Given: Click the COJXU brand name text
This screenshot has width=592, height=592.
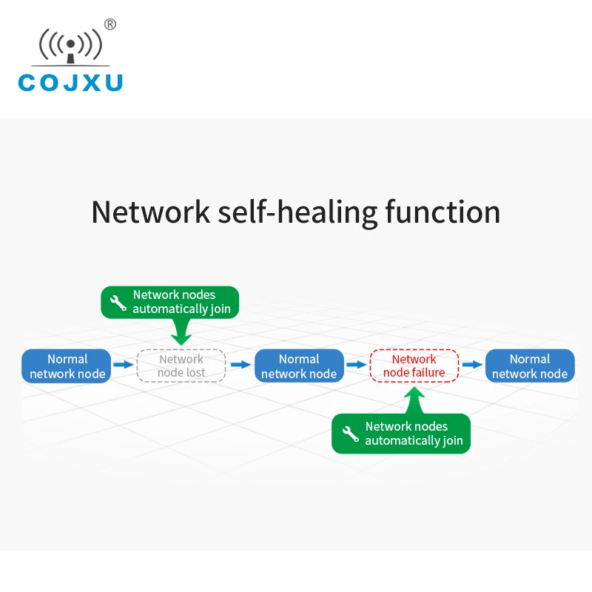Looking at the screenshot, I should click(70, 82).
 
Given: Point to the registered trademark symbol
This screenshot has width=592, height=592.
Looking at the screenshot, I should click(110, 24).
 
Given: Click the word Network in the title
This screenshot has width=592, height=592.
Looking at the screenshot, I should click(151, 212).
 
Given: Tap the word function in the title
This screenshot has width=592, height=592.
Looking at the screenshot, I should click(443, 212).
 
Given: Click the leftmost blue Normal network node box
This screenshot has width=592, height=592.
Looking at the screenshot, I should click(67, 366).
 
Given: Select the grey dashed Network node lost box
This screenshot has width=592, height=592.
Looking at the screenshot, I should click(181, 366).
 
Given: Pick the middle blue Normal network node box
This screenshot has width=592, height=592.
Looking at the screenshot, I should click(299, 366).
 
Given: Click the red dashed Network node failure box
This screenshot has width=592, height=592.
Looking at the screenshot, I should click(414, 366).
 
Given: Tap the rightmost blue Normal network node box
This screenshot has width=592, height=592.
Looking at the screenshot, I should click(530, 366).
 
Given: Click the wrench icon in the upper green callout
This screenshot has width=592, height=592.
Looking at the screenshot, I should click(118, 302).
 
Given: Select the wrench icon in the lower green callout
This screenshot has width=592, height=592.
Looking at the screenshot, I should click(351, 434).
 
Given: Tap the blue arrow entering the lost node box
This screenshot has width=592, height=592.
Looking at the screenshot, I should click(124, 365).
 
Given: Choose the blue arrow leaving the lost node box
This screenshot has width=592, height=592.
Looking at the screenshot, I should click(240, 365).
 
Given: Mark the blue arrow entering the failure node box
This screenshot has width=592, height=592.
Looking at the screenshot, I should click(357, 365).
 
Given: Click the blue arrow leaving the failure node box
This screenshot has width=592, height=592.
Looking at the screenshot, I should click(472, 365).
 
